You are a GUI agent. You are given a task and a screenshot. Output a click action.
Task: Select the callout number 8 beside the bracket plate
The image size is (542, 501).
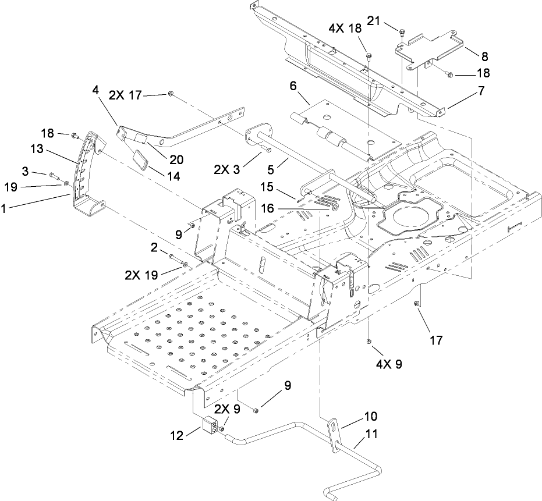pyautogui.click(x=484, y=56)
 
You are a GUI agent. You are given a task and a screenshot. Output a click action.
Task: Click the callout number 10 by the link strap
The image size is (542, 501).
pyautogui.click(x=371, y=417)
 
